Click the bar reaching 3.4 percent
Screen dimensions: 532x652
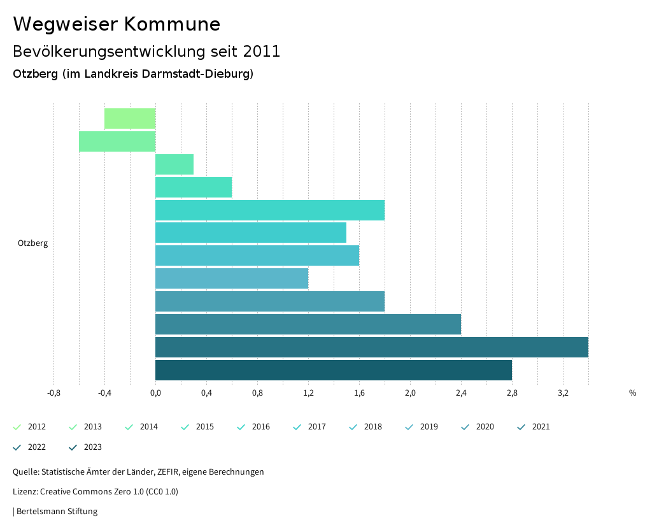(x=371, y=347)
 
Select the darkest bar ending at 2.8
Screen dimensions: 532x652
(x=333, y=370)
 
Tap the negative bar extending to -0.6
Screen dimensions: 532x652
(x=117, y=141)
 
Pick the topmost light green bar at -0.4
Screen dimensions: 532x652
(x=130, y=119)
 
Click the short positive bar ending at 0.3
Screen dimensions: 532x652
(x=174, y=164)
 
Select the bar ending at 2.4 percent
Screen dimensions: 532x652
(x=308, y=324)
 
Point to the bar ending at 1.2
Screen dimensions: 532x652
(x=232, y=278)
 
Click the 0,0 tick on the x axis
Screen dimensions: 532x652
(x=155, y=393)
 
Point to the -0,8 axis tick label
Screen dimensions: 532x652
(x=54, y=393)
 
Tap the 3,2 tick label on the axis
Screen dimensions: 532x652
(x=563, y=393)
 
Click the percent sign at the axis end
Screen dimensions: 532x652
(x=632, y=393)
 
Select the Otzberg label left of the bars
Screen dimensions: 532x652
(x=32, y=243)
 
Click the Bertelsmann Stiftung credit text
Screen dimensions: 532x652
(x=57, y=512)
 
